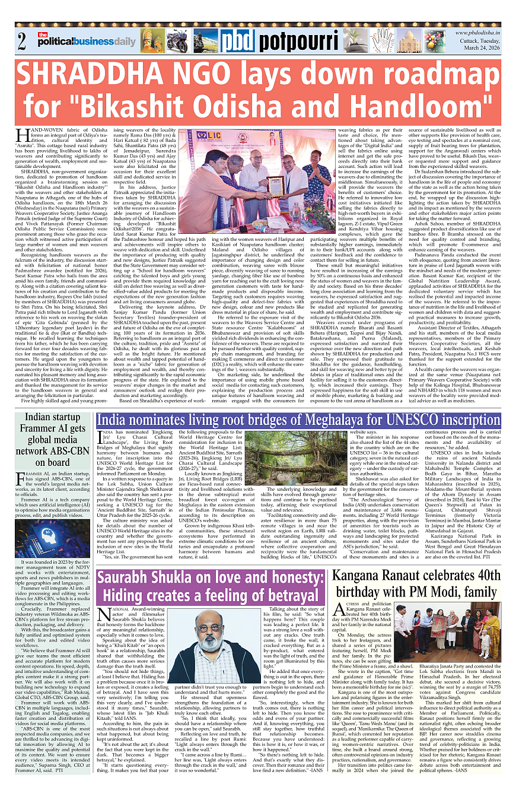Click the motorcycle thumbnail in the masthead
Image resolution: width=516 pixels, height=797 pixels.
tap(177, 41)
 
